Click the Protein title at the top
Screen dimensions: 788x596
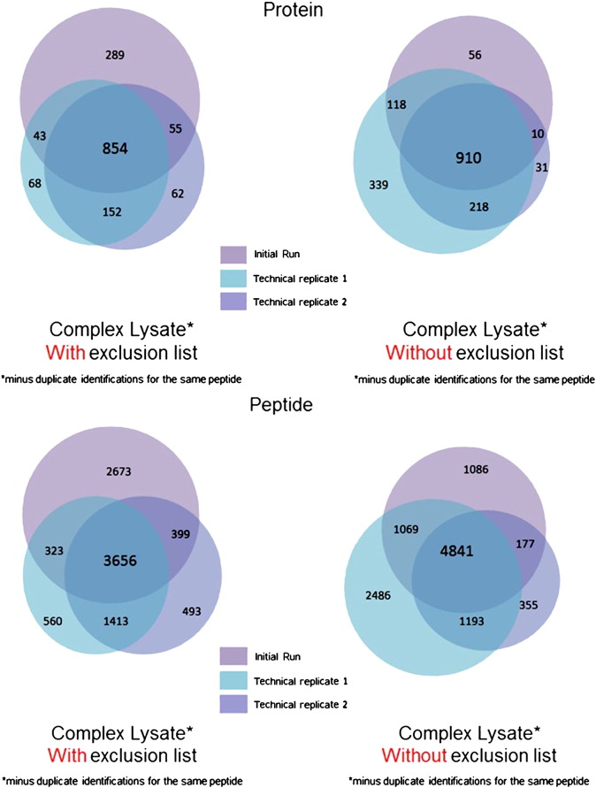299,11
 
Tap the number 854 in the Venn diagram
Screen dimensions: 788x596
115,149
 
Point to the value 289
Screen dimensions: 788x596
114,55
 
